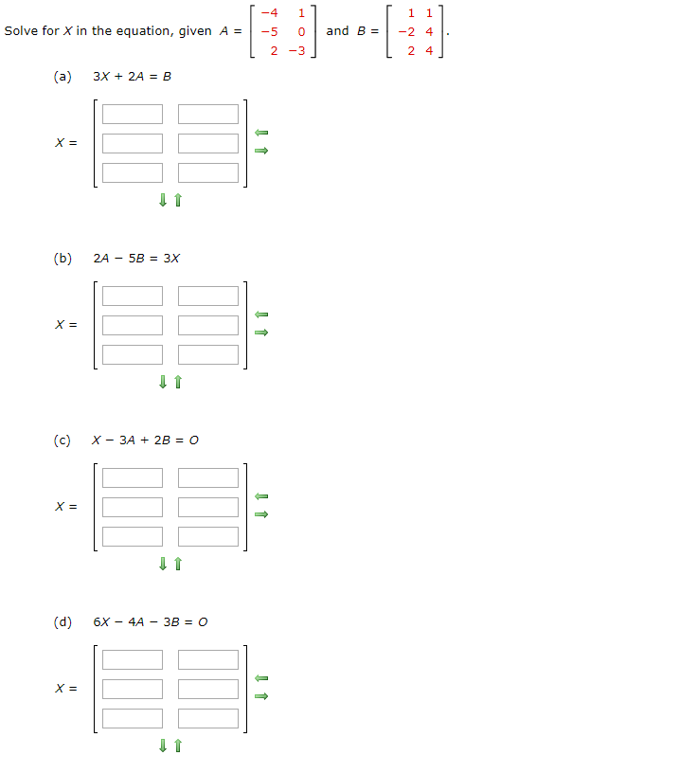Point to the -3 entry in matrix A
[297, 50]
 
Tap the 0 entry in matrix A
[300, 31]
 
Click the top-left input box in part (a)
[133, 115]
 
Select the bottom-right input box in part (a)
[208, 172]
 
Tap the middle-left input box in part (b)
[133, 325]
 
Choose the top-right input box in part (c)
[208, 478]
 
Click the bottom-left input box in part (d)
[133, 718]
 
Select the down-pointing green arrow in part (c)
[164, 565]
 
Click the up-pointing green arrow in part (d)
[178, 746]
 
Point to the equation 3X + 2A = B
[132, 76]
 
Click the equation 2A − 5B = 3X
[136, 258]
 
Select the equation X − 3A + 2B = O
[145, 440]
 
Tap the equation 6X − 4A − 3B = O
[151, 621]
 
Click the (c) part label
[63, 440]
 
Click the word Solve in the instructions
[21, 31]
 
